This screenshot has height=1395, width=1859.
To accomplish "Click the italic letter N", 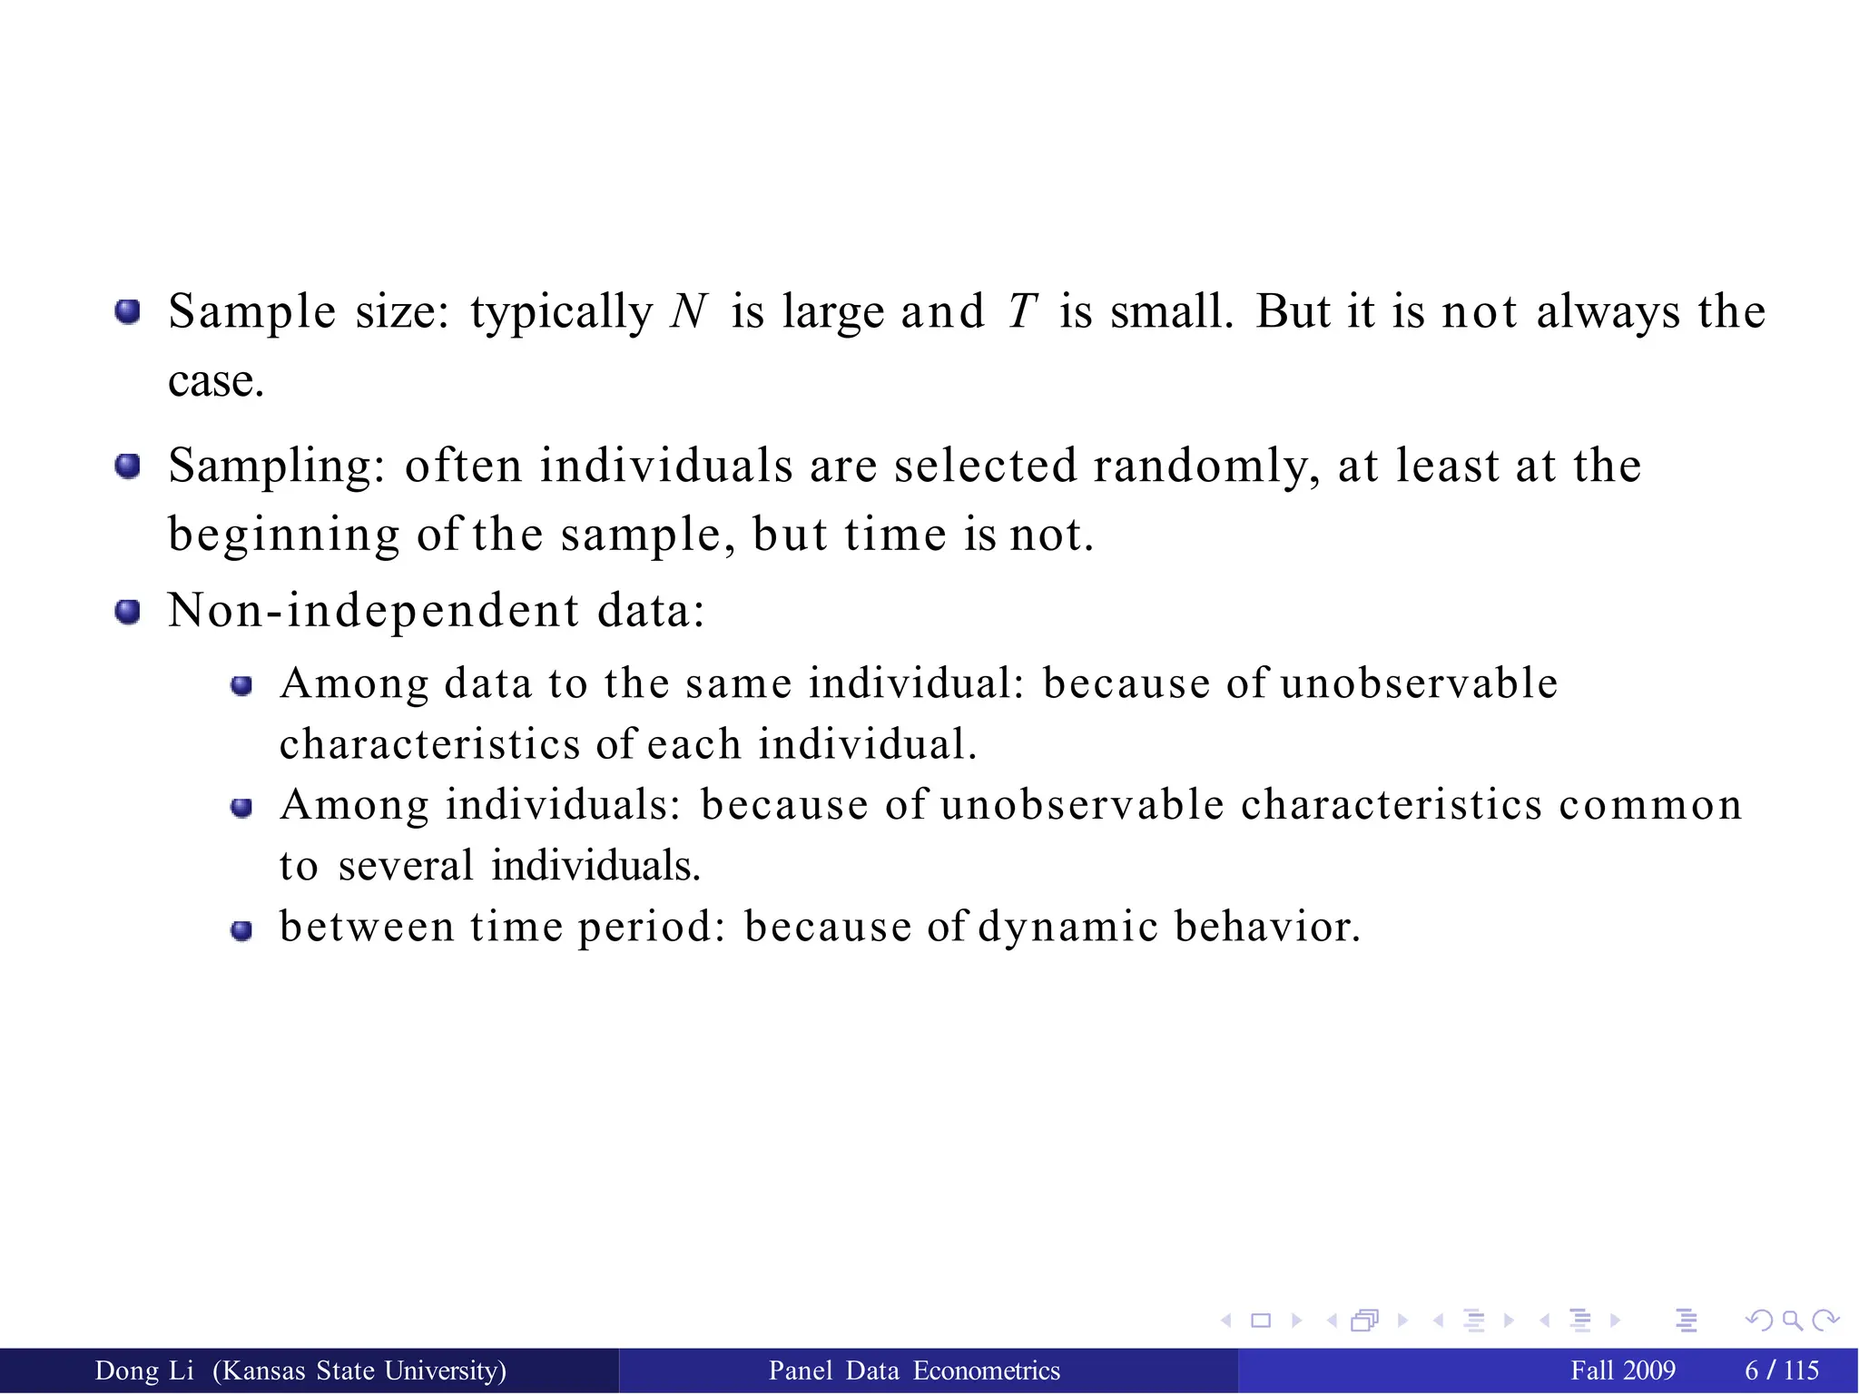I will pyautogui.click(x=689, y=311).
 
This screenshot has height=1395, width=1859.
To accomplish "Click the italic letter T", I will pyautogui.click(x=1022, y=311).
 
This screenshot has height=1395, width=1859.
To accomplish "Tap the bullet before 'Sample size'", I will pyautogui.click(x=128, y=312).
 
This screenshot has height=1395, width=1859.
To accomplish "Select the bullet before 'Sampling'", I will pyautogui.click(x=128, y=467).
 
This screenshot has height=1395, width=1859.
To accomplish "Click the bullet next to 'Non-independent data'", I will pyautogui.click(x=128, y=612).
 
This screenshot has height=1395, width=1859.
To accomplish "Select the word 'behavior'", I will pyautogui.click(x=1266, y=927).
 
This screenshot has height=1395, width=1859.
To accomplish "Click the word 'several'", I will pyautogui.click(x=406, y=865).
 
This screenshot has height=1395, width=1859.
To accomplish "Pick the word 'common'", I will pyautogui.click(x=1650, y=805).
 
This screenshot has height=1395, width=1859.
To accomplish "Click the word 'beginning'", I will pyautogui.click(x=283, y=535).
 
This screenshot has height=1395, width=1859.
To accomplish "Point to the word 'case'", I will pyautogui.click(x=214, y=381).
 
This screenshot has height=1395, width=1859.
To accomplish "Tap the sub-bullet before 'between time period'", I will pyautogui.click(x=241, y=931).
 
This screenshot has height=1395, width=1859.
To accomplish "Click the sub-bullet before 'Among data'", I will pyautogui.click(x=241, y=686).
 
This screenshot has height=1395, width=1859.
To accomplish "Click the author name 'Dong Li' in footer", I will pyautogui.click(x=144, y=1370).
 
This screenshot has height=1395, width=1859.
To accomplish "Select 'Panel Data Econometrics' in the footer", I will pyautogui.click(x=914, y=1370).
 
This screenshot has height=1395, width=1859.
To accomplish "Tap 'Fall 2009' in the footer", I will pyautogui.click(x=1623, y=1370).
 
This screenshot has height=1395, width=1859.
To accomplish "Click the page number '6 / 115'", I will pyautogui.click(x=1782, y=1370).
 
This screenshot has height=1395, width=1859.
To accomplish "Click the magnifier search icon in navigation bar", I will pyautogui.click(x=1792, y=1321).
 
